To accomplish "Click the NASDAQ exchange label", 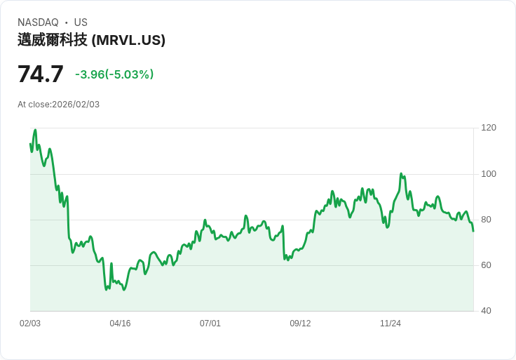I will point(38,22).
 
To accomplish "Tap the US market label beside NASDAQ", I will point(81,22).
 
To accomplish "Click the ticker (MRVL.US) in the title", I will point(128,40).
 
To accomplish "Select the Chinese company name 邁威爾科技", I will point(53,40).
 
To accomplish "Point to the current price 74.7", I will point(41,74).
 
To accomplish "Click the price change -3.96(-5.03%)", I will point(114,74).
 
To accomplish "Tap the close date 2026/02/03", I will point(76,105).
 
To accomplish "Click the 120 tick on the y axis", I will point(489,128).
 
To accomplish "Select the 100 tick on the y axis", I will point(489,174).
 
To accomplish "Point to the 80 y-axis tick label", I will point(487,220).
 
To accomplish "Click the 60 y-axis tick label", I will point(487,265).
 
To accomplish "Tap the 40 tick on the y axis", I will point(487,311).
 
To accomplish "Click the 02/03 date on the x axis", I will point(30,324).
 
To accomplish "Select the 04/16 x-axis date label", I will point(120,324).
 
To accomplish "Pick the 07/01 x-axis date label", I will point(210,324).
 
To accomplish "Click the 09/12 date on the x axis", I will point(300,324).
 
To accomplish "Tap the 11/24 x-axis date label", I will point(391,324).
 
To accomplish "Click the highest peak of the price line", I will point(35,130).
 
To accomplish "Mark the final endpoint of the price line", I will point(473,231).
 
